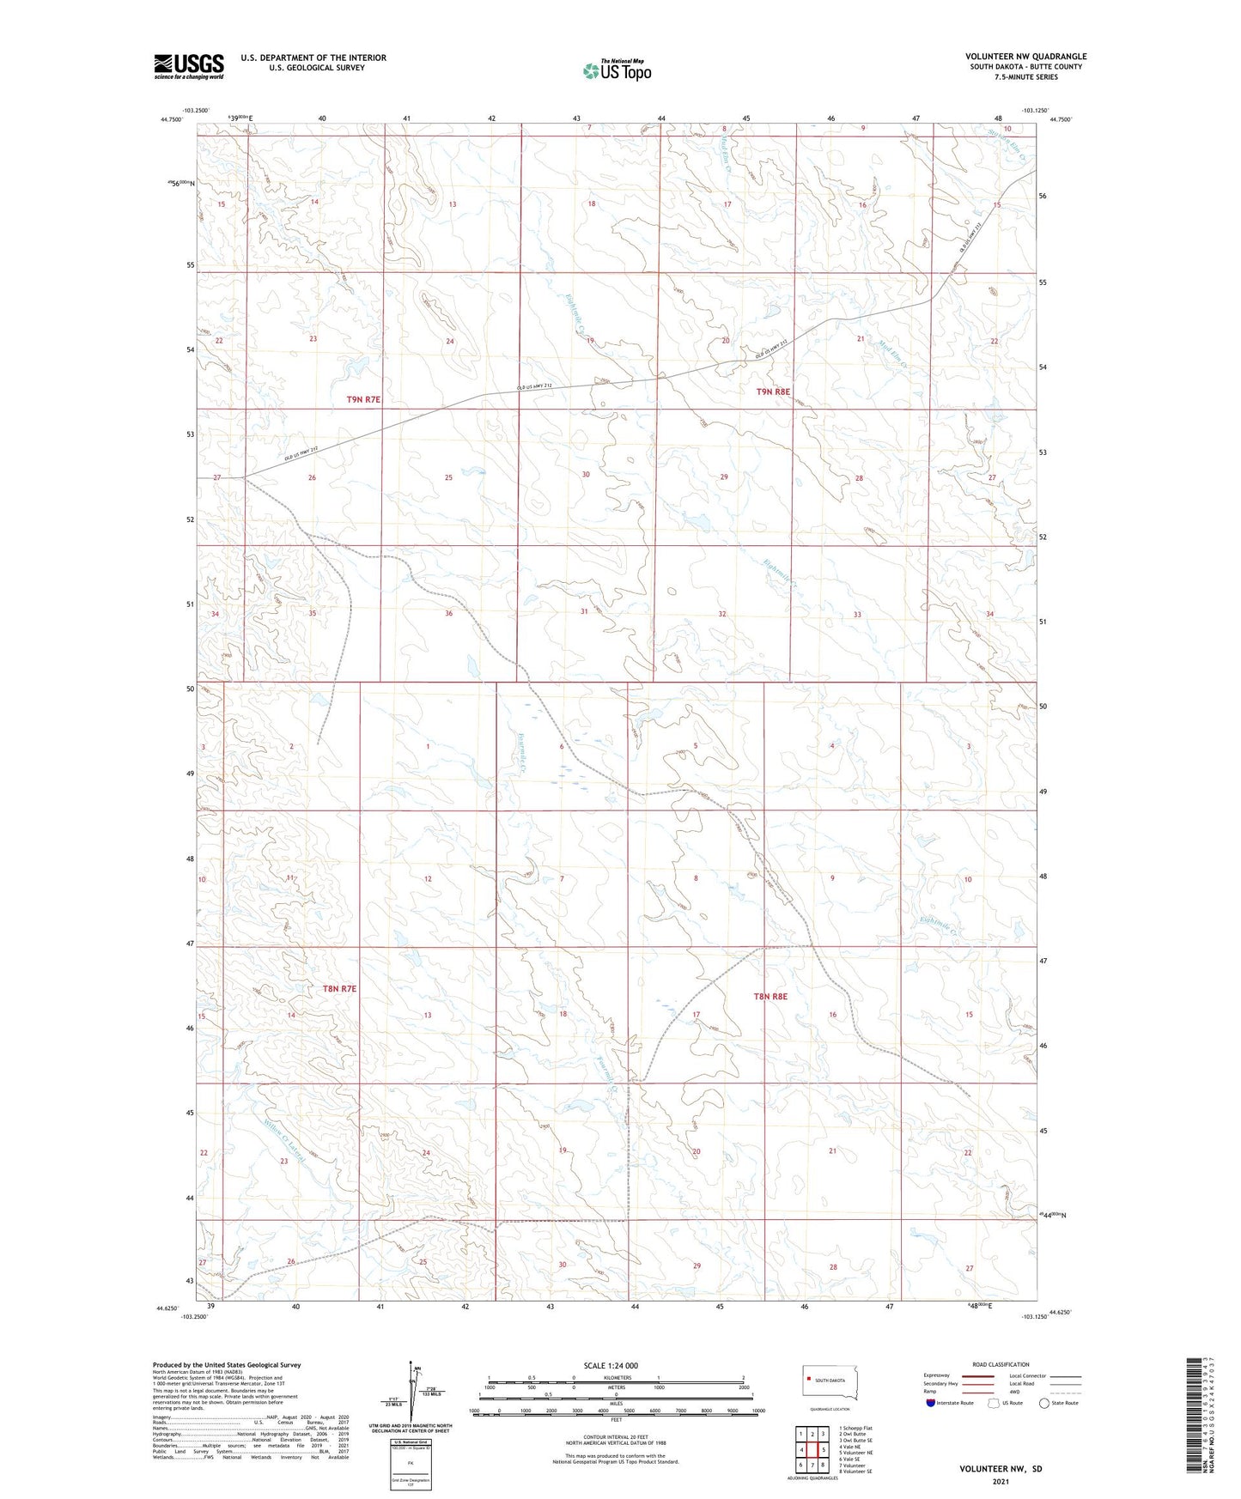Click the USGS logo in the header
point(188,65)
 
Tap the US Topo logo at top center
point(617,70)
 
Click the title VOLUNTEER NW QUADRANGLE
point(1025,57)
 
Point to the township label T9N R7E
point(363,399)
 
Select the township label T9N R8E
point(772,391)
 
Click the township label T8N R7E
point(339,989)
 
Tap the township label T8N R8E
point(770,996)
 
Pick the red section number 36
point(448,613)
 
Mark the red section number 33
point(857,615)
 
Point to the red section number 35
point(313,613)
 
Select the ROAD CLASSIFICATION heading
point(1001,1364)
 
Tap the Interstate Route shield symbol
point(931,1403)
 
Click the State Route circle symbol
point(1044,1403)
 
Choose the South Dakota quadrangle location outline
point(830,1381)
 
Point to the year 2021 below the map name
point(1001,1482)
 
